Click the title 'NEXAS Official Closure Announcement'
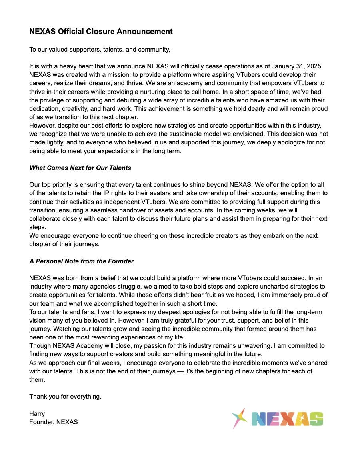click(x=101, y=32)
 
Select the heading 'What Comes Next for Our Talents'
click(x=80, y=168)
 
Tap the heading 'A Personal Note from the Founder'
click(x=81, y=261)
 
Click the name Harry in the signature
click(x=37, y=413)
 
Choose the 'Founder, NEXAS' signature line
click(x=54, y=422)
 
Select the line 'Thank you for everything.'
click(x=65, y=397)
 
